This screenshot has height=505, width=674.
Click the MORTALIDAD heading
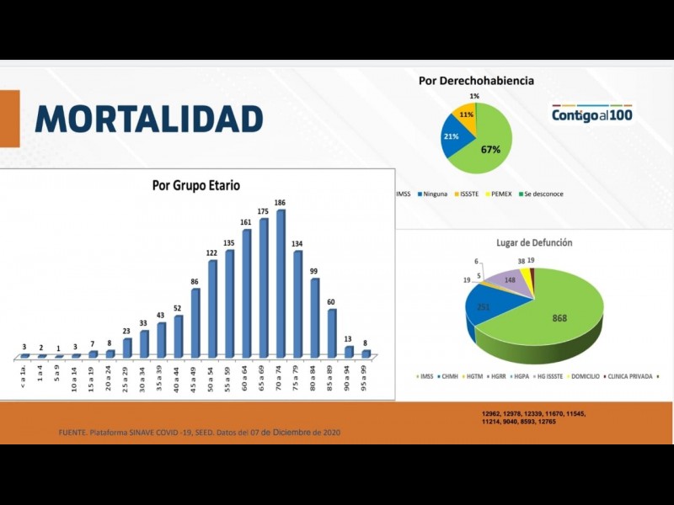(149, 118)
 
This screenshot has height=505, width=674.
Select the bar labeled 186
(281, 282)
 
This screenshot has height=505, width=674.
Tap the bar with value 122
(212, 309)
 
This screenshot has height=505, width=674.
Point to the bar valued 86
(195, 323)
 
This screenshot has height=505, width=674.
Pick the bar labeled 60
(332, 333)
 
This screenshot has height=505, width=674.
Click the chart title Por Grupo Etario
(195, 185)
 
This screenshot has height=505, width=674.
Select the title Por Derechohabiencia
(476, 81)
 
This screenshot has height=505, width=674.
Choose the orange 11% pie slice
(466, 114)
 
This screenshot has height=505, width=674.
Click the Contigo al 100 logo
(591, 114)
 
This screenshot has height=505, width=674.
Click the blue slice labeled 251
(483, 307)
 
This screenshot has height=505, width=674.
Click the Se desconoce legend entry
(540, 194)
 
